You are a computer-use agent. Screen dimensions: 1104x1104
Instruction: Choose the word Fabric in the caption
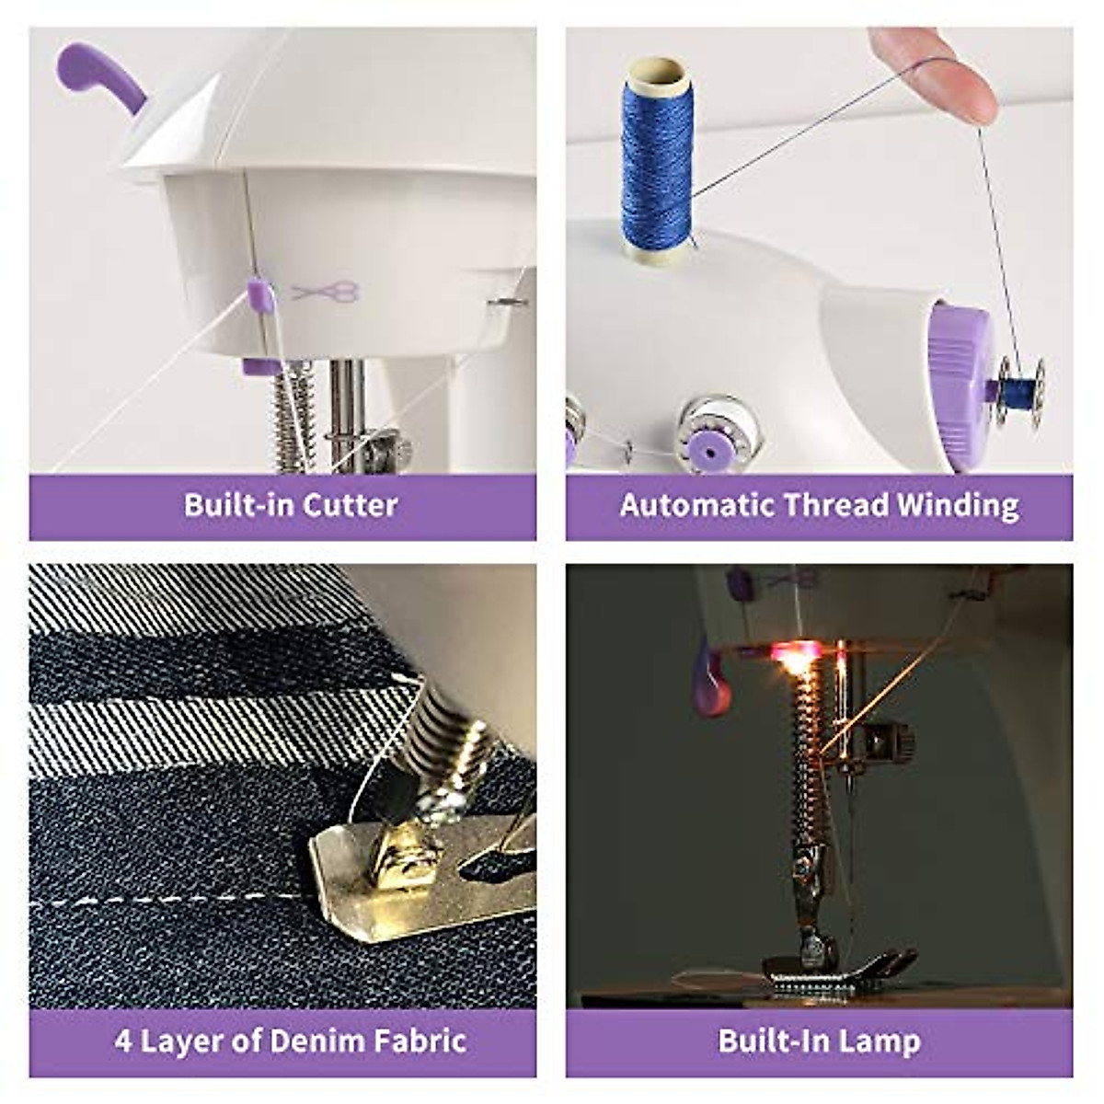(x=420, y=1041)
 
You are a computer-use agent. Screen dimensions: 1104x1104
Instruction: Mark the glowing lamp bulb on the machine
(x=792, y=656)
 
